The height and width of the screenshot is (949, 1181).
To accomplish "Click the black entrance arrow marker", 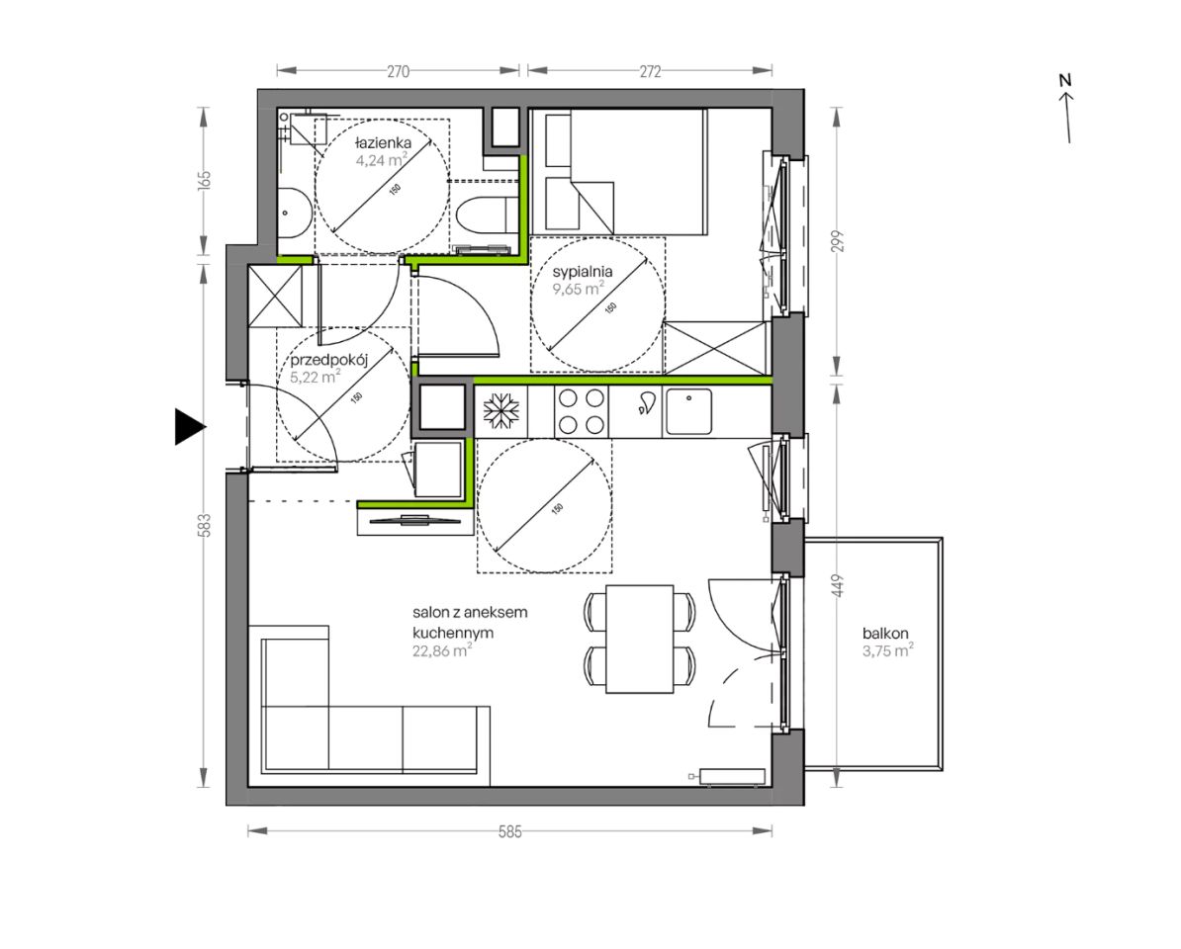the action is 189,427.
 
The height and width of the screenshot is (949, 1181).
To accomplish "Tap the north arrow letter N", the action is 1065,80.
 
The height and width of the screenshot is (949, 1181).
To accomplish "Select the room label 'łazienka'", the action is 384,142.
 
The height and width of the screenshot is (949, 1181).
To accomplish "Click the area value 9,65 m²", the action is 579,289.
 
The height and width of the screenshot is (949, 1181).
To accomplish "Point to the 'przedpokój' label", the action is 328,360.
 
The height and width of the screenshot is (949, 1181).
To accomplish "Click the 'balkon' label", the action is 886,634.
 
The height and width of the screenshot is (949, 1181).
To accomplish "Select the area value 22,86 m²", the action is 442,651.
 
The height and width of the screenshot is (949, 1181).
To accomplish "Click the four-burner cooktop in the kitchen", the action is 582,411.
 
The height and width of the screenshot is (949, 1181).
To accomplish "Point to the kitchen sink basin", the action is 688,411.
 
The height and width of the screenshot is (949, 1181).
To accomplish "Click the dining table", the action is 640,639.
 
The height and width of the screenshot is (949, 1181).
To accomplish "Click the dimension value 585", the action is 510,831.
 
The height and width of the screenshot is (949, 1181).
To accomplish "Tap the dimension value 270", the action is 399,71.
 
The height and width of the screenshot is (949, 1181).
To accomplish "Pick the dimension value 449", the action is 839,586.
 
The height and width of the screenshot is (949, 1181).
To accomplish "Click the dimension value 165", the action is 204,181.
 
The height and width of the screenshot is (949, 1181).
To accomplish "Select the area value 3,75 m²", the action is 888,651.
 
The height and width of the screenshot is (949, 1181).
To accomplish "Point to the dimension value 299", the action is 839,241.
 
